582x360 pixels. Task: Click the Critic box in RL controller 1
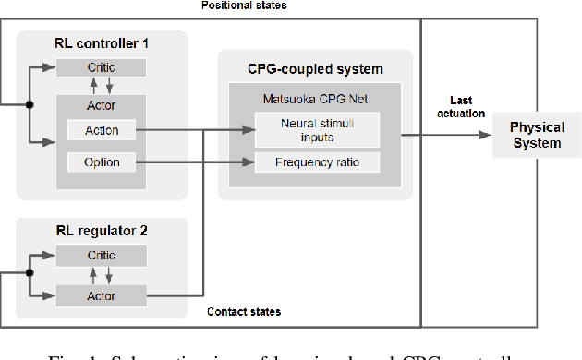click(101, 67)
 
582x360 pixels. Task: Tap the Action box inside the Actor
click(101, 130)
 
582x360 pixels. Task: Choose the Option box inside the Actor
click(101, 163)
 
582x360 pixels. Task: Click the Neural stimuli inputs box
click(317, 130)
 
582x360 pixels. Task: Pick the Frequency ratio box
click(317, 163)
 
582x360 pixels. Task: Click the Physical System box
click(536, 135)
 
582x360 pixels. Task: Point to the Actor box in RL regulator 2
click(101, 294)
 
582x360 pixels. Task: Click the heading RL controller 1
click(101, 42)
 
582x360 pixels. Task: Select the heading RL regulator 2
click(101, 230)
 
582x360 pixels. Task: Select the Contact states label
click(243, 312)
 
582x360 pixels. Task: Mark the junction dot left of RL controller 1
click(30, 105)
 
